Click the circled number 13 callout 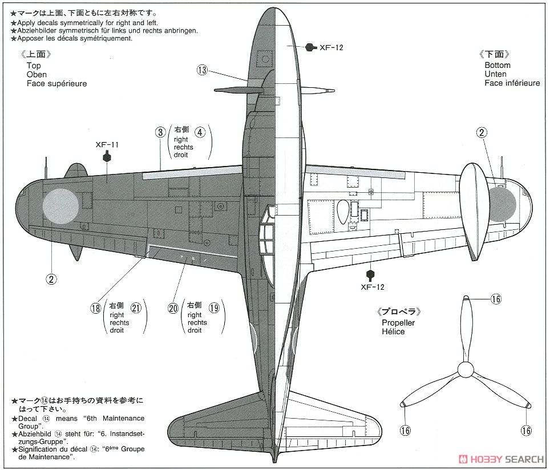pyautogui.click(x=202, y=70)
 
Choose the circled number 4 pyautogui.click(x=199, y=132)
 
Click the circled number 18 pyautogui.click(x=95, y=308)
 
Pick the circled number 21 pyautogui.click(x=136, y=308)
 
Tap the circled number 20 pyautogui.click(x=173, y=308)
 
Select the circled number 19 pyautogui.click(x=214, y=308)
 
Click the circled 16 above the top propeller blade pyautogui.click(x=496, y=299)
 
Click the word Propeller pyautogui.click(x=398, y=323)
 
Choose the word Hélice pyautogui.click(x=394, y=331)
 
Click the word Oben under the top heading pyautogui.click(x=37, y=75)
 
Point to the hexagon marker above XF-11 pyautogui.click(x=107, y=157)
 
